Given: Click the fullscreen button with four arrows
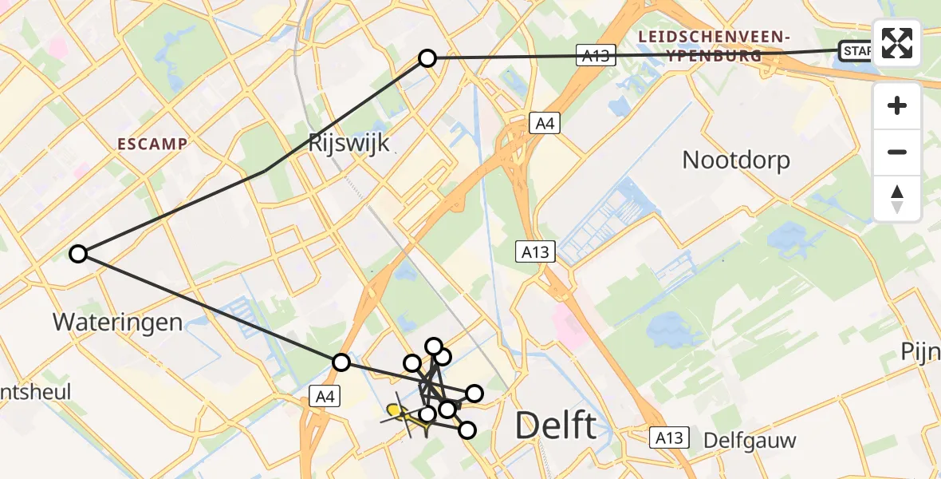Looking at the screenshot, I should pyautogui.click(x=897, y=43).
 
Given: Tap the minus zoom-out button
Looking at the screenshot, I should pyautogui.click(x=897, y=152).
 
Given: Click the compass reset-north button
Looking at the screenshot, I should pyautogui.click(x=897, y=199).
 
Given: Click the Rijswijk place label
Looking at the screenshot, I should pyautogui.click(x=348, y=144).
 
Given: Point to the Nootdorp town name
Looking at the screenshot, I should pyautogui.click(x=736, y=160).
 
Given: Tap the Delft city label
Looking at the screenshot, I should pyautogui.click(x=556, y=426).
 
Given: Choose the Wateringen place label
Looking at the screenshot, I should pyautogui.click(x=118, y=323).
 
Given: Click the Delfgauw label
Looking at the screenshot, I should pyautogui.click(x=749, y=440).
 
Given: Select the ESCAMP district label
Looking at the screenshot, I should pyautogui.click(x=152, y=144).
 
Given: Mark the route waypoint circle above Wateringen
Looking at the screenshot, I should pyautogui.click(x=77, y=254).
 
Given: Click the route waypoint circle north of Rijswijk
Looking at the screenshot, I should pyautogui.click(x=427, y=58).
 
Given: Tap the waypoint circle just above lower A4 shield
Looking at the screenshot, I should pyautogui.click(x=341, y=362).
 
